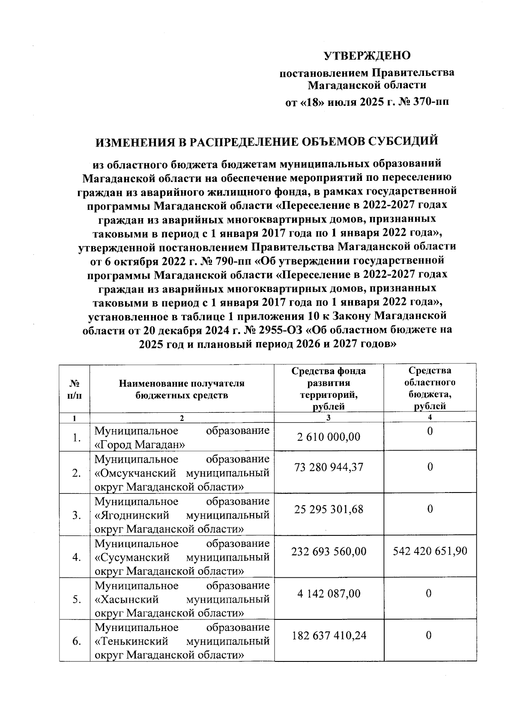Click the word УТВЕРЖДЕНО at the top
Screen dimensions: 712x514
(x=367, y=56)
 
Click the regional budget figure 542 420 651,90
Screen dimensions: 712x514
(x=430, y=551)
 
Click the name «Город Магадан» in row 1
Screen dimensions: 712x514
(x=140, y=445)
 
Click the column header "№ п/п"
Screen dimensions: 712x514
(x=75, y=389)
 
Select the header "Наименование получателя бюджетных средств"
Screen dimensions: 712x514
(x=182, y=389)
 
